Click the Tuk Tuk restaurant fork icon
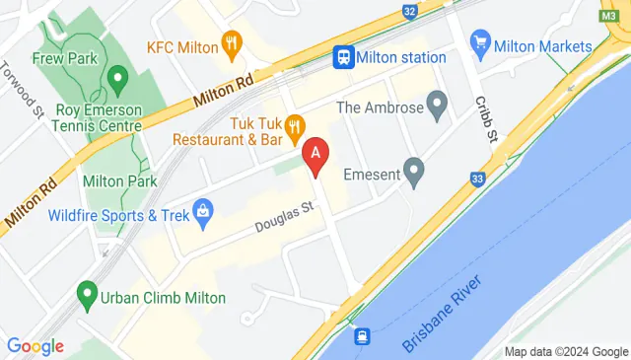294,126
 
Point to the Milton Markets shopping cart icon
481,42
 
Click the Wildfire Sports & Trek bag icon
203,210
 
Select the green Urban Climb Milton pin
87,294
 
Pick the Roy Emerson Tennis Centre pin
117,76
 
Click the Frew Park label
64,58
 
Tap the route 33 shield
478,179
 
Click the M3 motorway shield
610,13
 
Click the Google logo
35,346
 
